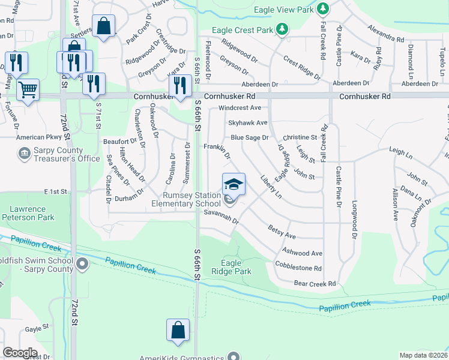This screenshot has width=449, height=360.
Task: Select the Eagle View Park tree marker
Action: click(323, 8)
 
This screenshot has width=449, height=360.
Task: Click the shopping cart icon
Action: click(28, 90)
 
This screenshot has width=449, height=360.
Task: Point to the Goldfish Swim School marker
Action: click(83, 264)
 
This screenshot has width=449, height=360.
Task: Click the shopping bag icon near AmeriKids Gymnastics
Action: click(178, 330)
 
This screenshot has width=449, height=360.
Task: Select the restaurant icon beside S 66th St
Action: click(179, 85)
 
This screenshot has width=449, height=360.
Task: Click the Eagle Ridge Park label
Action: click(231, 267)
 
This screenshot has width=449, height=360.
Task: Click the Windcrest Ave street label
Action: click(240, 108)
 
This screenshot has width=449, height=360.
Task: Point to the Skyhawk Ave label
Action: click(247, 122)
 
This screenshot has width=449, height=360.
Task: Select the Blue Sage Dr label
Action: click(250, 137)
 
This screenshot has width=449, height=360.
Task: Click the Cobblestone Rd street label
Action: click(298, 268)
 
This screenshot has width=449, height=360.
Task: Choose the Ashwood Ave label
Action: click(302, 253)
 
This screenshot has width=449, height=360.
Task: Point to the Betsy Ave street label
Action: click(282, 233)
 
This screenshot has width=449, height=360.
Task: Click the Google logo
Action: click(20, 353)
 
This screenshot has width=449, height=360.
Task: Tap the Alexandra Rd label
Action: click(386, 34)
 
